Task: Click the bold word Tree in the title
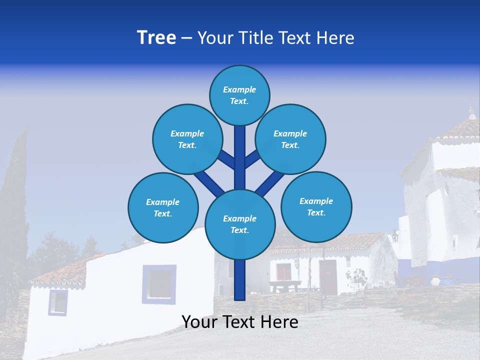click(156, 37)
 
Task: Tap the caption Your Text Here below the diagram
click(239, 322)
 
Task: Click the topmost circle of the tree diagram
click(239, 95)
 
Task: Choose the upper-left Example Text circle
click(187, 139)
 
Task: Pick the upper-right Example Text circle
click(290, 139)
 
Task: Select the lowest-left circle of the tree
click(163, 207)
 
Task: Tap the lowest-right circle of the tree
click(316, 206)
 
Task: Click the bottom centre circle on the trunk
click(240, 224)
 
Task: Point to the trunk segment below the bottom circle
click(240, 280)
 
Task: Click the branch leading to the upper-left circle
click(226, 159)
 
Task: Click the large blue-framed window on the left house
click(159, 284)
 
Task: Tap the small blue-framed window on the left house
click(58, 302)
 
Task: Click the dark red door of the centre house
click(328, 276)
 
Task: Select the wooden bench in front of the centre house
click(285, 285)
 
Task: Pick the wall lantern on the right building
click(395, 235)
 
